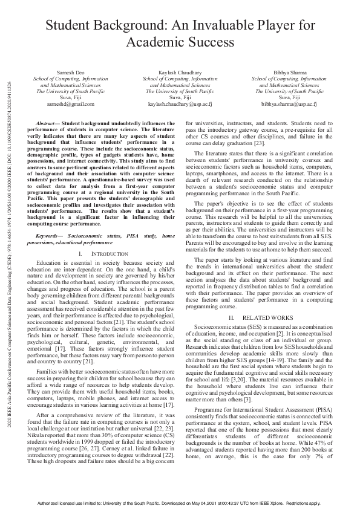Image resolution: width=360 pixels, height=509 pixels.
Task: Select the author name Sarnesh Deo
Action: point(71,72)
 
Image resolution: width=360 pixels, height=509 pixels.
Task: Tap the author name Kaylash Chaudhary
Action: point(180,72)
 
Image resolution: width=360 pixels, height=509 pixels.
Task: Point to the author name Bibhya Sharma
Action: point(289,72)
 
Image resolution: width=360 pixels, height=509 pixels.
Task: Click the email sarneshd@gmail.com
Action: point(71,104)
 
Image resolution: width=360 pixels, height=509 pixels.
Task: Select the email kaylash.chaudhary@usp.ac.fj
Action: point(180,104)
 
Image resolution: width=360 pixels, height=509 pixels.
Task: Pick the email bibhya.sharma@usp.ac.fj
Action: point(289,104)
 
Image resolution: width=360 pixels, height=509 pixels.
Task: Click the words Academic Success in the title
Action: point(180,42)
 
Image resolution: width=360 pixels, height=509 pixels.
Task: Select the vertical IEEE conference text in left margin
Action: point(8,254)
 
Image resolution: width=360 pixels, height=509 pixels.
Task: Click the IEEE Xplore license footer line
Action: point(180,503)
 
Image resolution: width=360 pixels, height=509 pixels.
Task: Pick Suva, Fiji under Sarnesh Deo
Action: point(71,97)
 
